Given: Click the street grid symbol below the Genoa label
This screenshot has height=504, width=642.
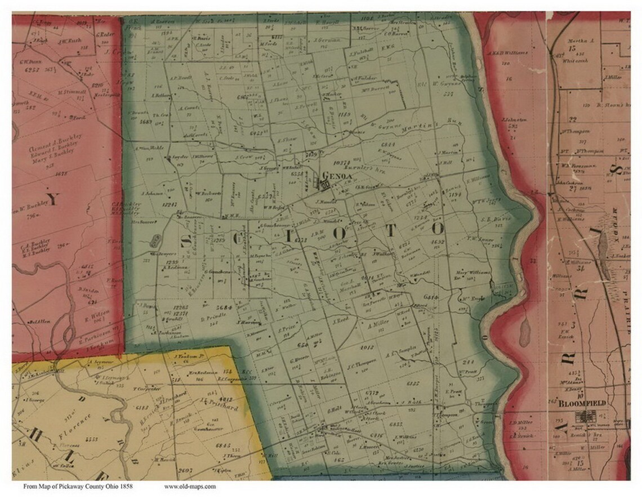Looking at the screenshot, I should point(325,184).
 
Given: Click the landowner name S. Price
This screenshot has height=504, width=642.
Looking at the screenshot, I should point(286,328).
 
